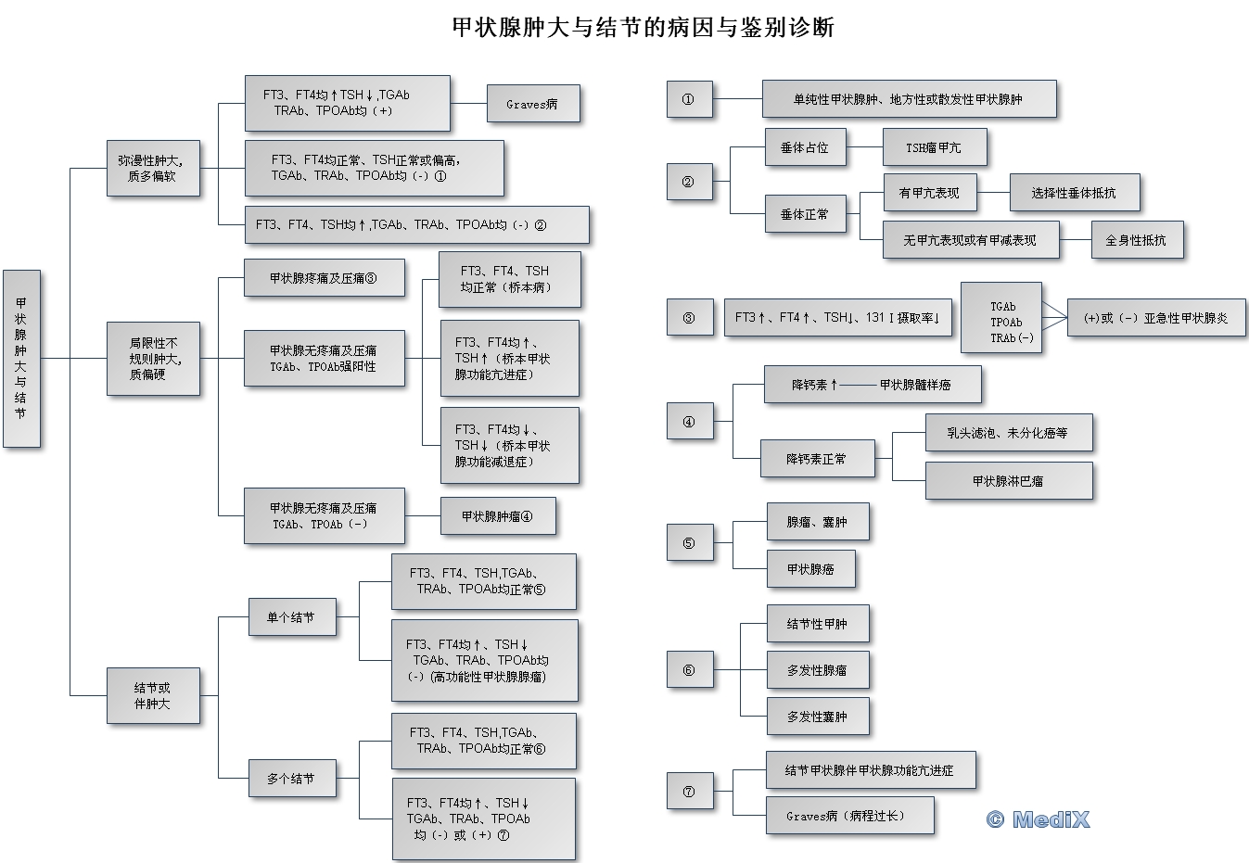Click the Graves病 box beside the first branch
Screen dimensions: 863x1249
tap(533, 104)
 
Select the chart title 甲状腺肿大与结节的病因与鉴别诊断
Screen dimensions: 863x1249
tap(644, 27)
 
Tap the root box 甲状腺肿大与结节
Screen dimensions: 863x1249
tap(21, 359)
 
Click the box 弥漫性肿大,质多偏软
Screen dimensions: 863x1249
tap(153, 168)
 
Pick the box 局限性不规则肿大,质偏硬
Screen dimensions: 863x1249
tap(153, 359)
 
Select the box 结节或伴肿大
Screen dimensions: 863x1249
tap(153, 695)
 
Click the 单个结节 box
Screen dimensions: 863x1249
tap(290, 617)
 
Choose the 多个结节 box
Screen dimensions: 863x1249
tap(290, 779)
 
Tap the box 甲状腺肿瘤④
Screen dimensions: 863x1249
tap(497, 516)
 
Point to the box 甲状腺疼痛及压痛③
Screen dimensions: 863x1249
tap(324, 278)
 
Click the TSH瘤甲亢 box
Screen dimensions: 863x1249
tap(933, 147)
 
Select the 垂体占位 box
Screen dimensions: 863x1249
tap(805, 147)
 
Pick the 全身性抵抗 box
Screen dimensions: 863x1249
tap(1136, 240)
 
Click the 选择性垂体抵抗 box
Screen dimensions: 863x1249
tap(1074, 193)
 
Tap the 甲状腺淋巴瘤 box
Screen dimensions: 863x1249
tap(1008, 481)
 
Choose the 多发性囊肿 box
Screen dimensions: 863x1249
tap(817, 717)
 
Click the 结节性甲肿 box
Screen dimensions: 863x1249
tap(817, 624)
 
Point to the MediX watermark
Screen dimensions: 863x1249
tap(1039, 819)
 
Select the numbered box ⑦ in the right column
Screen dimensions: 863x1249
tap(689, 792)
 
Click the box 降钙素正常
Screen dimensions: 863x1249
tap(817, 459)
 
